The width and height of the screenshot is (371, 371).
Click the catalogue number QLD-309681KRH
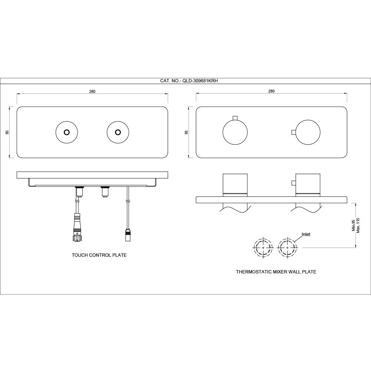199,81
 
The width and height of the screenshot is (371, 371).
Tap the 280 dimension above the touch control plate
92,92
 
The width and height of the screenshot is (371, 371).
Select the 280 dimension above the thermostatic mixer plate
272,91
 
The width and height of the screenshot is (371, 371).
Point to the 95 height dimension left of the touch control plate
7,132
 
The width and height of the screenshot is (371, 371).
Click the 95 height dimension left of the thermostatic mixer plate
186,132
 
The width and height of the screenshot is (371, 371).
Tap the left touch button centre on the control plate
67,132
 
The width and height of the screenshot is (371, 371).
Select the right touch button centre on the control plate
118,132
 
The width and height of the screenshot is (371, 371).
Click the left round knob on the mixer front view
235,132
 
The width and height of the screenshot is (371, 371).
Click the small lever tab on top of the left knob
235,118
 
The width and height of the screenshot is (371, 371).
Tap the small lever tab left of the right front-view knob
293,132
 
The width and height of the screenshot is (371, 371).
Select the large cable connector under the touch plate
77,227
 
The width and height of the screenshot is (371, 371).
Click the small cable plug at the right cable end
128,234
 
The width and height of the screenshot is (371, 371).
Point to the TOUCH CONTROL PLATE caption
99,255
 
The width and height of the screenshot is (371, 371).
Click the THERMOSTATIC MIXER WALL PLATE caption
276,272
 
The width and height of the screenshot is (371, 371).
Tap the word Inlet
306,234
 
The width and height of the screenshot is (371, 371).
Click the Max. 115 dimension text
358,226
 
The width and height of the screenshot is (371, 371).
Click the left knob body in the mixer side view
235,184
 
